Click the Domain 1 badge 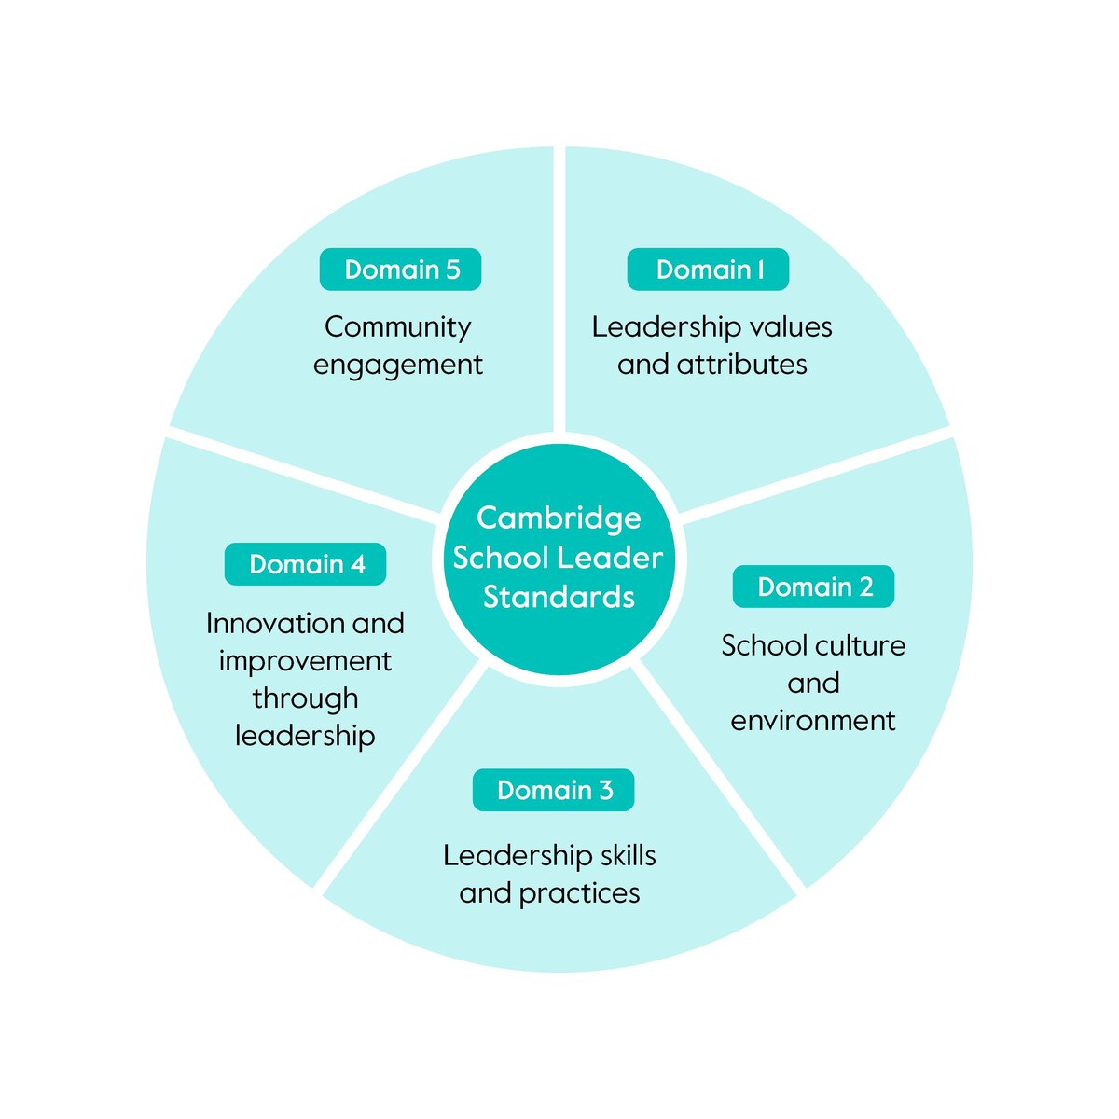coord(708,269)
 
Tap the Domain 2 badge coord(813,587)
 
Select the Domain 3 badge coord(553,790)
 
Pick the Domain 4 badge coord(305,564)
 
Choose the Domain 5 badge coord(400,269)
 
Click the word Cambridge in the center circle coord(559,518)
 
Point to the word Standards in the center coord(559,597)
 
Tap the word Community coord(397,327)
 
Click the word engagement coord(397,366)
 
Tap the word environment coord(813,721)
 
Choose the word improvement coord(305,661)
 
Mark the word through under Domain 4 coord(305,698)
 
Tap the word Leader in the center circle coord(620,558)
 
